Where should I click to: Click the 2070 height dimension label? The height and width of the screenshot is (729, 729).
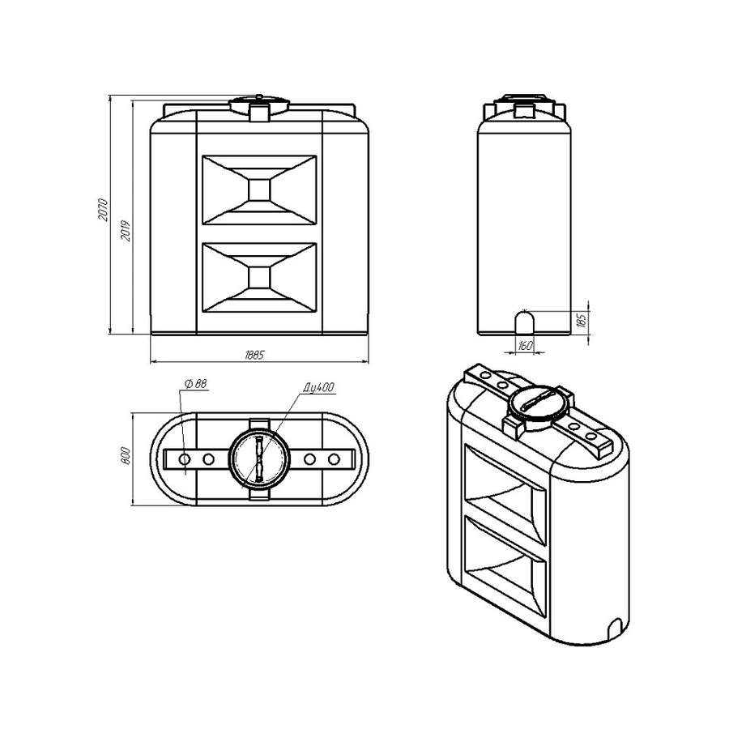(103, 209)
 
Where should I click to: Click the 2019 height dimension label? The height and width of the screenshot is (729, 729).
(126, 230)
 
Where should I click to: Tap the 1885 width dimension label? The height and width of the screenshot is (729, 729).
(254, 356)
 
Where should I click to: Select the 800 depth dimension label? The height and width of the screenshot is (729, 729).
(125, 455)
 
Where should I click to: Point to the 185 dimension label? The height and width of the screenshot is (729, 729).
(582, 320)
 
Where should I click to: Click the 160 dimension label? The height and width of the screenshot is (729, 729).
(526, 345)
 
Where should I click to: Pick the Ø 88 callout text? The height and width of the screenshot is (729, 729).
(196, 384)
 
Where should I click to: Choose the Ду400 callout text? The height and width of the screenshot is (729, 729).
(319, 387)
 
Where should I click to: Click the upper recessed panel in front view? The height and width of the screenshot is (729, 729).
(259, 190)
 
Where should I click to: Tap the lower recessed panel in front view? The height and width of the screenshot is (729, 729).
(259, 278)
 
